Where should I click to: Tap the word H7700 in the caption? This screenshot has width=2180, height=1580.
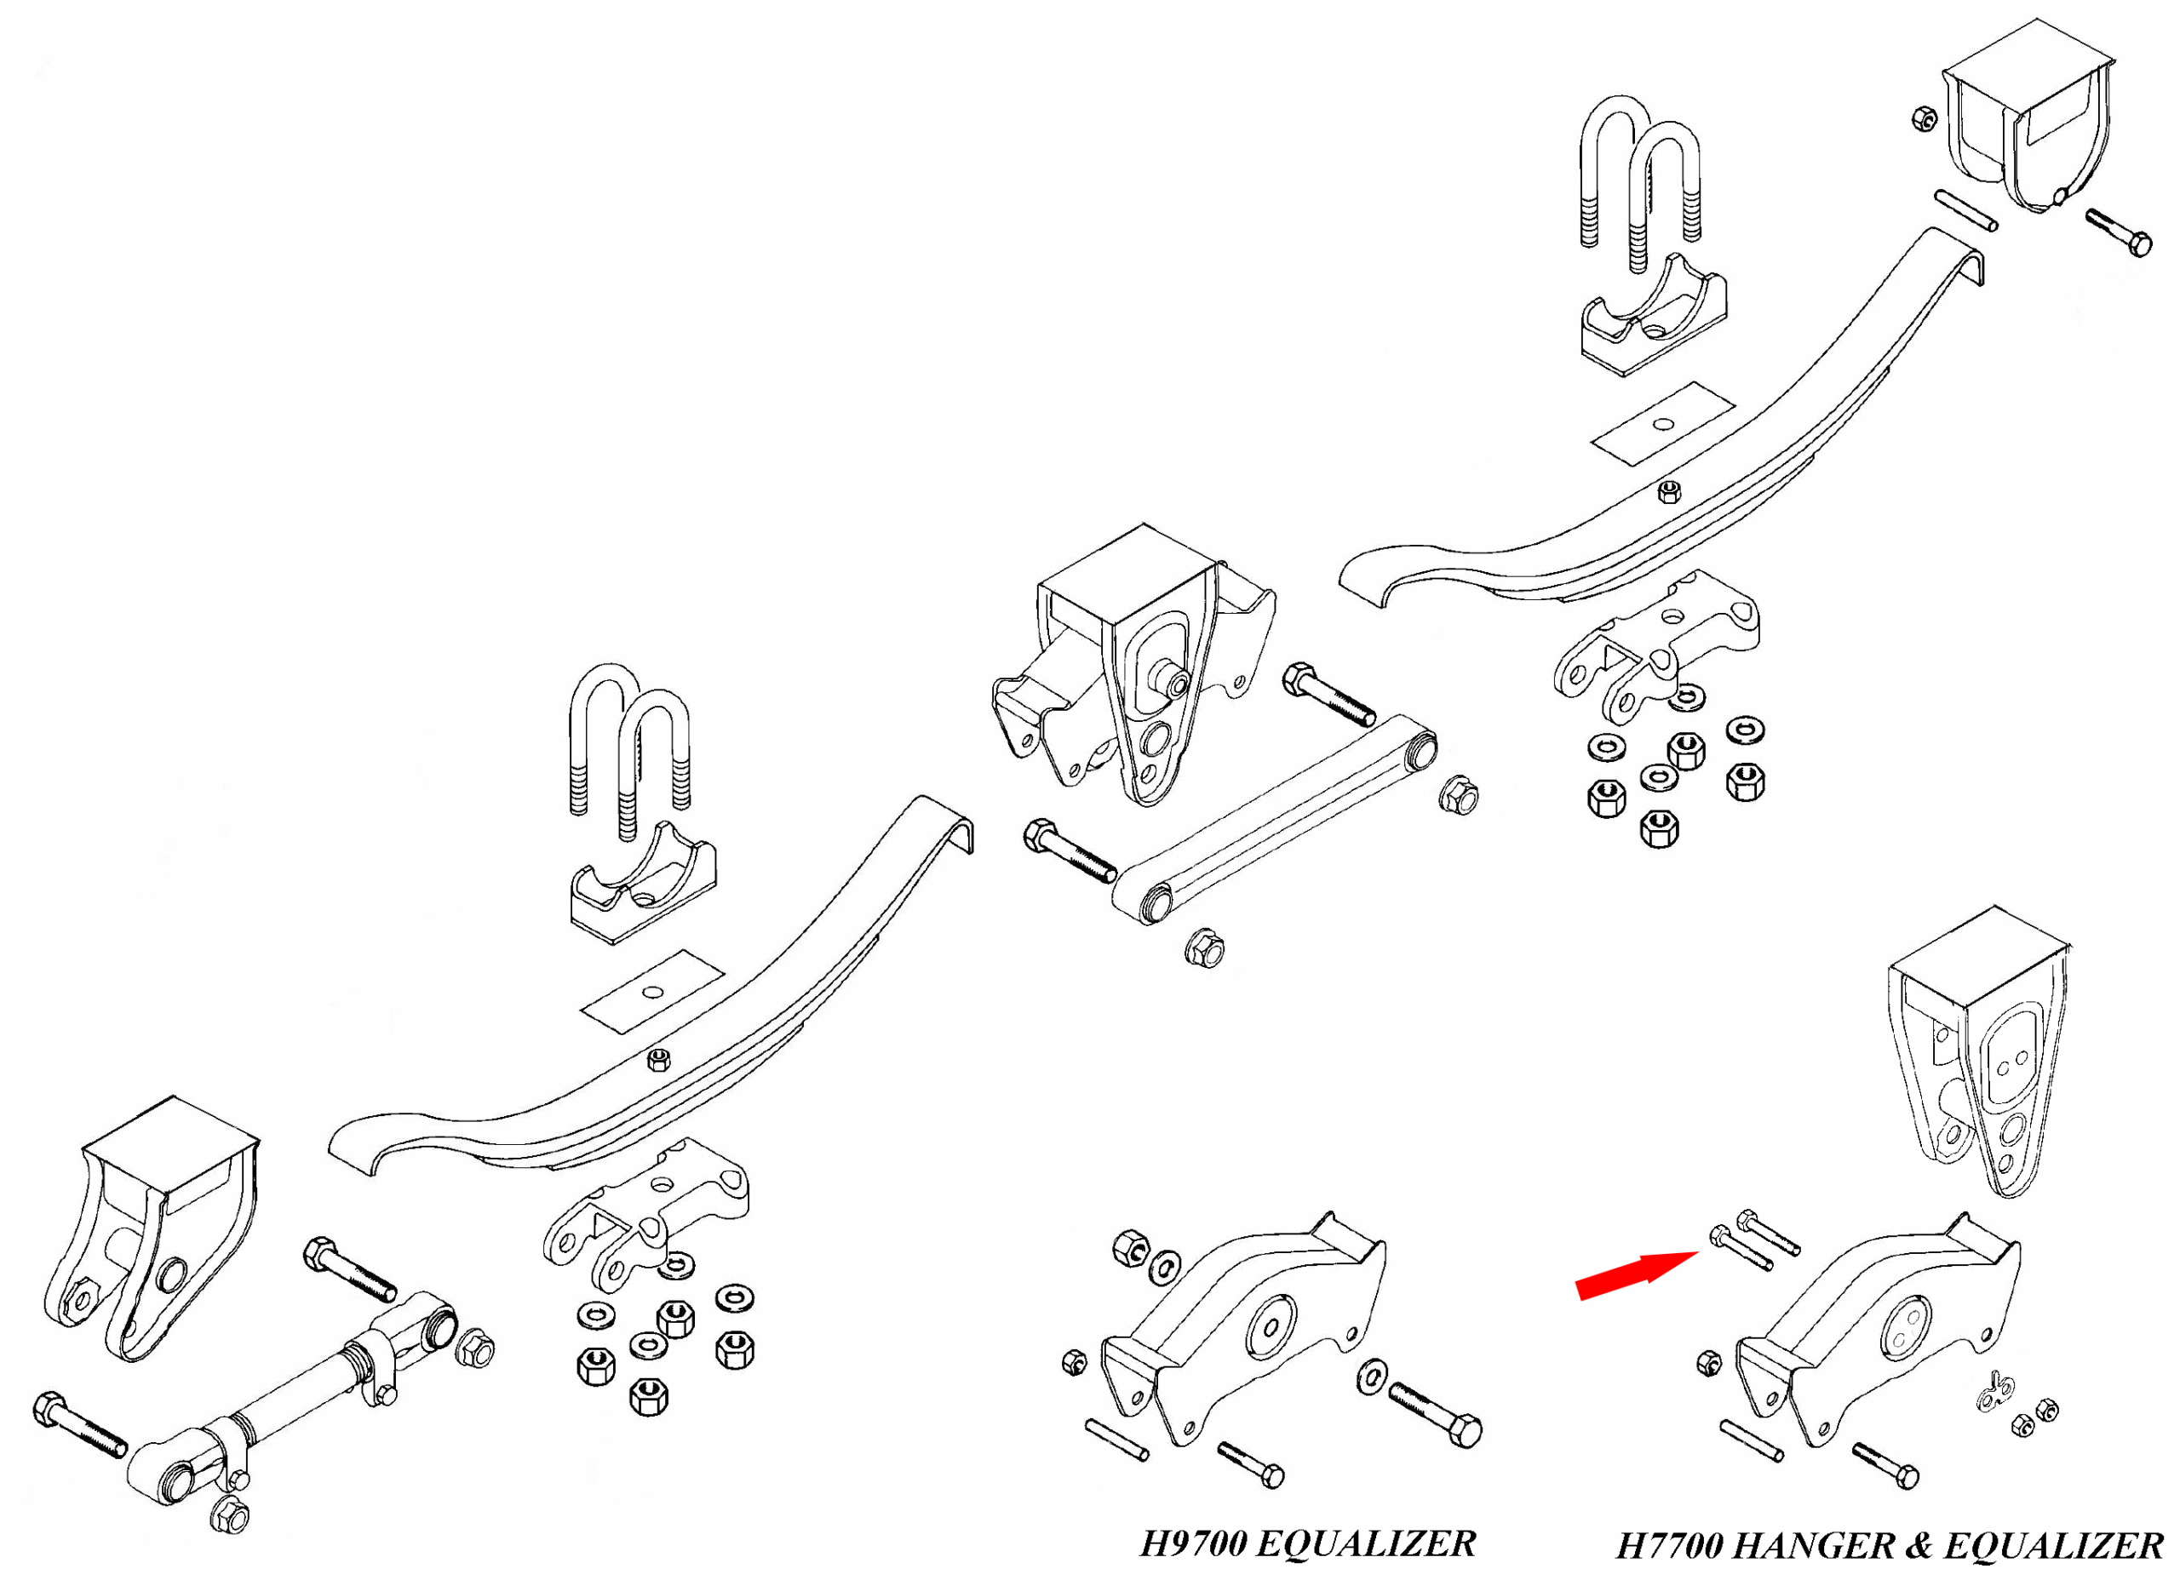pyautogui.click(x=1671, y=1546)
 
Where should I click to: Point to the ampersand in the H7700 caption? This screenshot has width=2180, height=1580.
pyautogui.click(x=1919, y=1546)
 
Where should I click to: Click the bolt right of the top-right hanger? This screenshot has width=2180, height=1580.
pyautogui.click(x=2119, y=232)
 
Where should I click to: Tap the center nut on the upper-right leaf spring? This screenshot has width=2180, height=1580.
pyautogui.click(x=1670, y=492)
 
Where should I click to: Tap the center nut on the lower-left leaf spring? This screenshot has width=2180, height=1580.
pyautogui.click(x=658, y=1060)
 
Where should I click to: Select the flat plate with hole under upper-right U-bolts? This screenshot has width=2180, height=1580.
pyautogui.click(x=1663, y=425)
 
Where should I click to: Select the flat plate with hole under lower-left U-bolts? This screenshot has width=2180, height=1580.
pyautogui.click(x=651, y=992)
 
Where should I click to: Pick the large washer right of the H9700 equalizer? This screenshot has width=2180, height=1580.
pyautogui.click(x=1373, y=1377)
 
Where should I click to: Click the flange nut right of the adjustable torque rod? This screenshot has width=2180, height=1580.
pyautogui.click(x=475, y=1348)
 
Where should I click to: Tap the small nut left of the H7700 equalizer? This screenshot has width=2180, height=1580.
pyautogui.click(x=1708, y=1362)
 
